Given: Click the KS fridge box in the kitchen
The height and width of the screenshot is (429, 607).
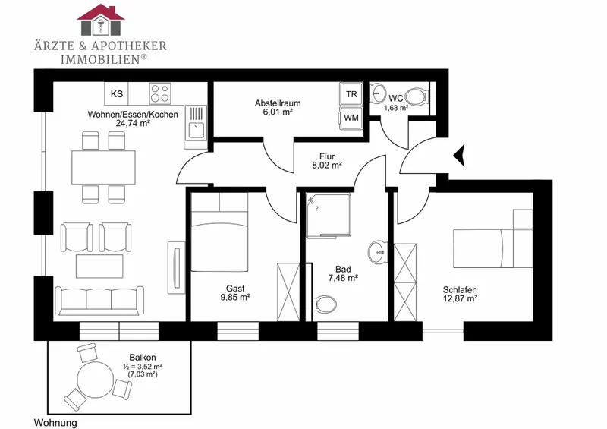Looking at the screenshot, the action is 117,93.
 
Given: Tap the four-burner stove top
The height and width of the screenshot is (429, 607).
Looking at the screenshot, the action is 160,93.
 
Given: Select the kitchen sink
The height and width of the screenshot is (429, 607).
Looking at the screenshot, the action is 196,123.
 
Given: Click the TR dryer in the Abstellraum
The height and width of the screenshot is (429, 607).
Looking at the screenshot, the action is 351,94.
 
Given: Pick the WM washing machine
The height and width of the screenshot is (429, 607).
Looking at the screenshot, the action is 351,118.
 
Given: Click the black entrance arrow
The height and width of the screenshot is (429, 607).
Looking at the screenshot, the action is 460,155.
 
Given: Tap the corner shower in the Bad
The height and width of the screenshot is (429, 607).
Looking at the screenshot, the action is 329,216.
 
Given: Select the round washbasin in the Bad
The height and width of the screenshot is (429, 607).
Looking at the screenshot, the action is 377,252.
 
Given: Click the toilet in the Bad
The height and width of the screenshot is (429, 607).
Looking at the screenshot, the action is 323,303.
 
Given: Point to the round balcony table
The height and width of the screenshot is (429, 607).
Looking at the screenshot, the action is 96,379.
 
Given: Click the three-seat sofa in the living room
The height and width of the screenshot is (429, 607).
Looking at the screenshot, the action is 99,300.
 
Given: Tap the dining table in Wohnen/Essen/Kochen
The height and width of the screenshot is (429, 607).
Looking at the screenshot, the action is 103,167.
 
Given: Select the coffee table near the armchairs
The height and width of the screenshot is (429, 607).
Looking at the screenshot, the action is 99,267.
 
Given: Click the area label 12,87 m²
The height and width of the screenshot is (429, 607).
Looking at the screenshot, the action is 460,298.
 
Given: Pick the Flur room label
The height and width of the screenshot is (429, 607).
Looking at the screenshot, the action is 327,156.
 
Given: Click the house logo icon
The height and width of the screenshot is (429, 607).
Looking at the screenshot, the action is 101,20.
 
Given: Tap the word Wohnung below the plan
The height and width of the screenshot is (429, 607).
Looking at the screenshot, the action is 55,422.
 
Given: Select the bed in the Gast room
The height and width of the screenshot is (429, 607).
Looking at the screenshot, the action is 219,232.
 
